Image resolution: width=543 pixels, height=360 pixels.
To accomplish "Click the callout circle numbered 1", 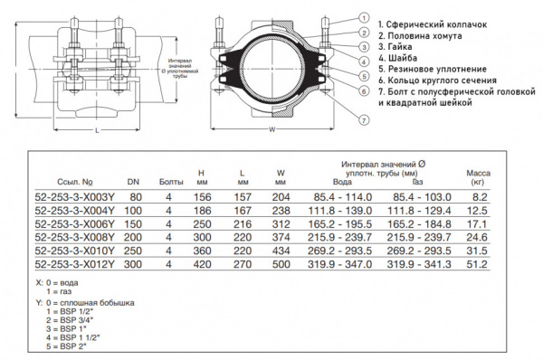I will [x=363, y=17].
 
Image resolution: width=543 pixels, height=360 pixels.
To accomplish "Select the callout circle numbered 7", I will [x=363, y=119].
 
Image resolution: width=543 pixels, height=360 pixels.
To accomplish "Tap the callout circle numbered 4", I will [x=363, y=61].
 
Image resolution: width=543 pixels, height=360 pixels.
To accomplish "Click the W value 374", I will [x=282, y=237].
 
